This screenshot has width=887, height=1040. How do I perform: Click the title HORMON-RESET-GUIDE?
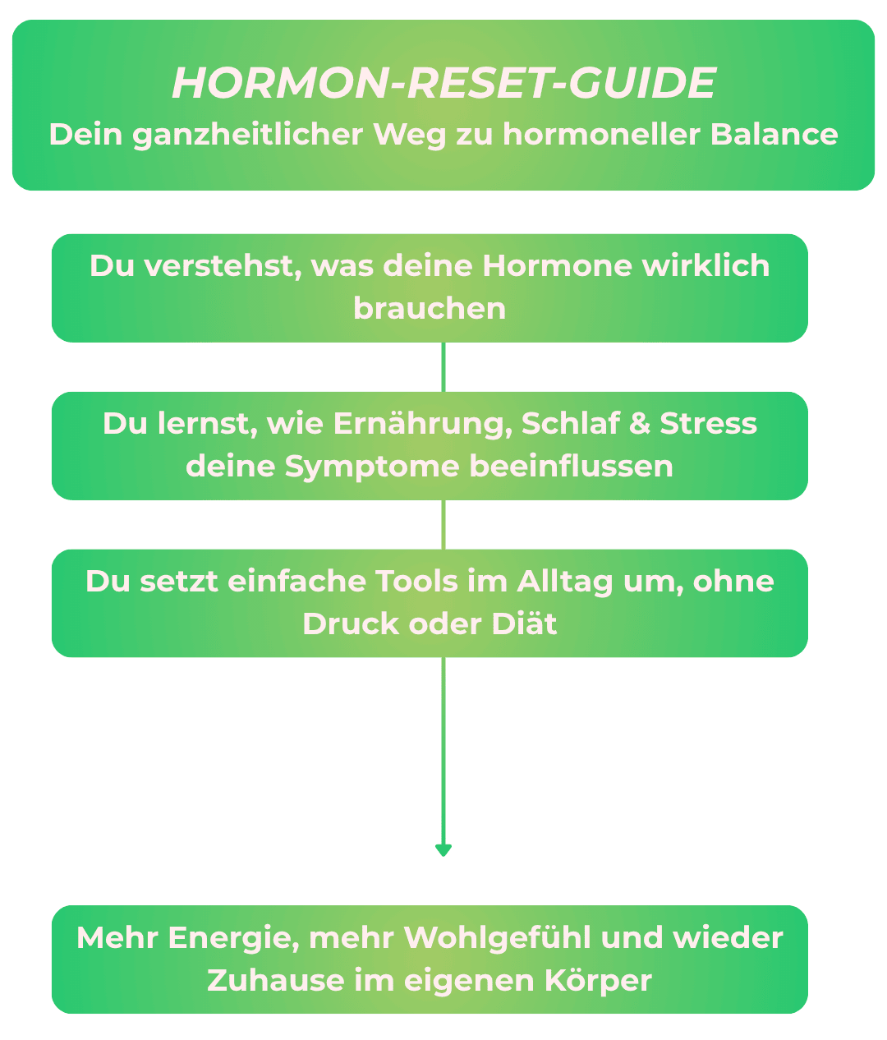[443, 83]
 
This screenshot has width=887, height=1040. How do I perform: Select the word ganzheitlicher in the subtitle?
[248, 134]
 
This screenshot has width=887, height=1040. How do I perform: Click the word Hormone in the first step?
[557, 266]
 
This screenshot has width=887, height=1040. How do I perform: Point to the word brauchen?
[430, 309]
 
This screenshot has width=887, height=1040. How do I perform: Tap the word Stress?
[709, 424]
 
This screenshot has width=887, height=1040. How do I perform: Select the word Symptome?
[372, 467]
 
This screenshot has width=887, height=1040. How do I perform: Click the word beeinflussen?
[572, 467]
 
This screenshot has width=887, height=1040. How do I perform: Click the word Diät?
[524, 624]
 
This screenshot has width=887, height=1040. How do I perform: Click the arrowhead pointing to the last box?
[443, 850]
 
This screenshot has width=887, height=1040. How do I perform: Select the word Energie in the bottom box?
[233, 938]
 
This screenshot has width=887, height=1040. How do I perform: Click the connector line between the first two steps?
[443, 366]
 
